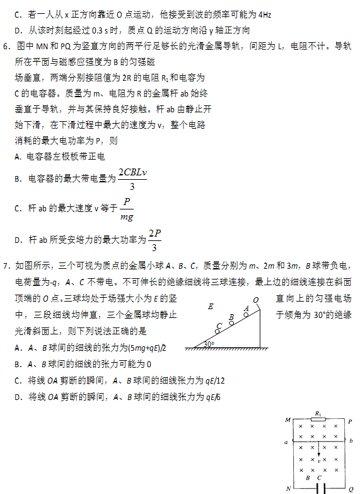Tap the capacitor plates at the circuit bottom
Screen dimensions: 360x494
coord(320,488)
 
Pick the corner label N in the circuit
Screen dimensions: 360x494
coord(288,488)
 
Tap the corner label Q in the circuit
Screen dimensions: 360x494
coord(351,488)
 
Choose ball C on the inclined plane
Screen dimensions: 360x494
coord(218,329)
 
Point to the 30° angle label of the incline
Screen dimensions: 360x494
coord(209,344)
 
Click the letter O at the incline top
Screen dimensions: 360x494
coord(255,300)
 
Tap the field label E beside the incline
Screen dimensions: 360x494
coord(210,307)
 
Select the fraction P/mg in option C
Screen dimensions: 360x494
coord(127,209)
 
